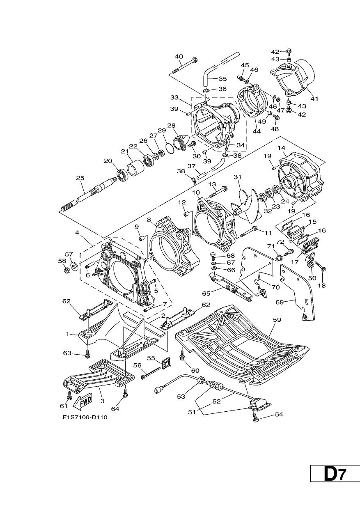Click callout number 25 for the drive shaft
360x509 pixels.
point(80,178)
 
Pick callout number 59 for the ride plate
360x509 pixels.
point(277,320)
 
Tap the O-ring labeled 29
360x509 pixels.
point(170,148)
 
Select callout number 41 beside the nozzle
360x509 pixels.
point(314,99)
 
